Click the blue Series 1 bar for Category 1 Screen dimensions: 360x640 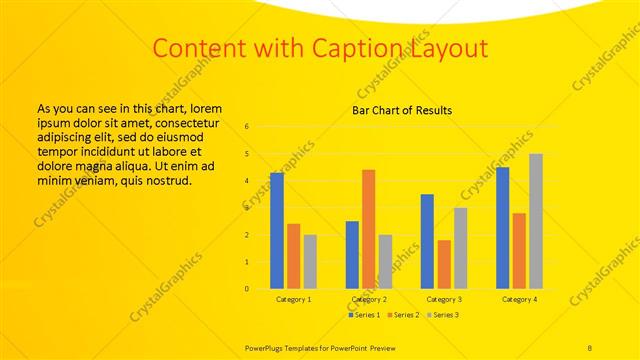click(x=277, y=231)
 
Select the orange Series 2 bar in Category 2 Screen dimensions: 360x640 click(x=369, y=229)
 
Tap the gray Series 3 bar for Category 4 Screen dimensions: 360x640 click(x=536, y=221)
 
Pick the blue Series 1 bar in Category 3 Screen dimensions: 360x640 click(x=427, y=241)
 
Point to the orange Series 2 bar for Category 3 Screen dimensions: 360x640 click(x=444, y=264)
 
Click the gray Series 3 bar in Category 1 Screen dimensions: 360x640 click(x=310, y=262)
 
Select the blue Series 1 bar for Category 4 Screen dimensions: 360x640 click(x=502, y=228)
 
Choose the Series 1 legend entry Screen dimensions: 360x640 click(x=363, y=315)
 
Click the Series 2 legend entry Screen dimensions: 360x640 click(x=403, y=315)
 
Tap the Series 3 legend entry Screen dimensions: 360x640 click(x=443, y=315)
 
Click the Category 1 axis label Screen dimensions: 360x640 click(x=294, y=299)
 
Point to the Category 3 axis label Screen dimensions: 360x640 click(x=444, y=299)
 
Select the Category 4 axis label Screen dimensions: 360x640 click(x=519, y=299)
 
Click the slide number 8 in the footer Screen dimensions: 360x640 click(x=590, y=346)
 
